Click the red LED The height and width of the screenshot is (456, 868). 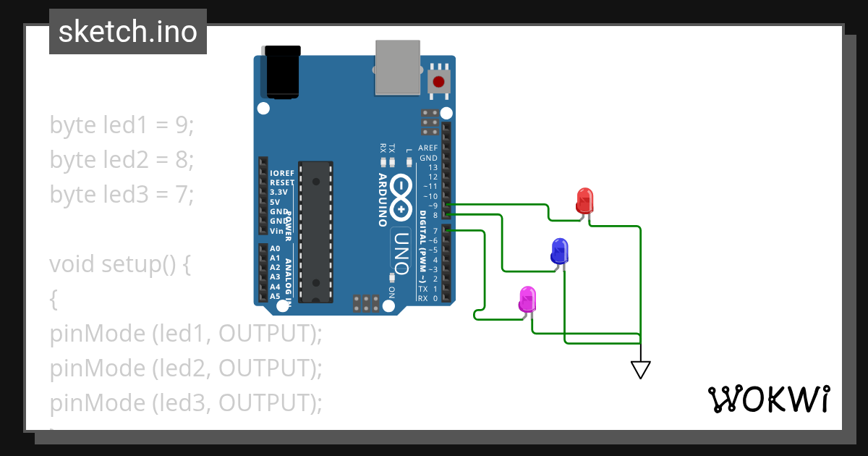[x=584, y=200]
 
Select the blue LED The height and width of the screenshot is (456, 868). [x=559, y=250]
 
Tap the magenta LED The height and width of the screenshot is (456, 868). [x=527, y=299]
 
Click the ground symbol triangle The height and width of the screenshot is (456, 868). [x=640, y=369]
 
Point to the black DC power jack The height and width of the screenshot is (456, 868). [x=282, y=72]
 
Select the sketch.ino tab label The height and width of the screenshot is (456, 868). [x=128, y=32]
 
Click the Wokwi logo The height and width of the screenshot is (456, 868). [x=768, y=399]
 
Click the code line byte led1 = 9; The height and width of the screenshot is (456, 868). [x=122, y=124]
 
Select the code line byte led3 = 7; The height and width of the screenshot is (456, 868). [x=122, y=194]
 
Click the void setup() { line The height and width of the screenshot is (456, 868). [x=120, y=263]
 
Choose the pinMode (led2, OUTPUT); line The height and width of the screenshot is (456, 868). [x=186, y=368]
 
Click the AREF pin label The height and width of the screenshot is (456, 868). [x=427, y=148]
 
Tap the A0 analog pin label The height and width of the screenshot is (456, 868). [x=275, y=248]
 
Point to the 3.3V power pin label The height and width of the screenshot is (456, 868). [x=277, y=193]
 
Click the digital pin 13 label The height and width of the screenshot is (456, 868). [x=433, y=167]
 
